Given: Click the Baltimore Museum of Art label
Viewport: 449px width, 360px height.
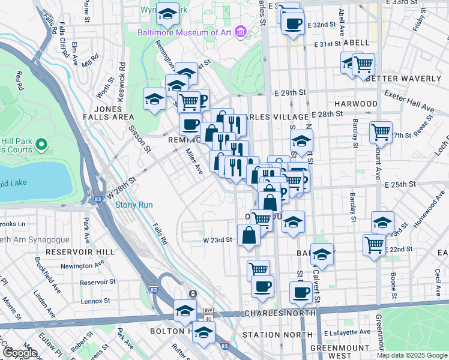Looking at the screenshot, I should point(184,32).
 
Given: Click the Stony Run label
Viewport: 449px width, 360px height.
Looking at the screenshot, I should point(133,205).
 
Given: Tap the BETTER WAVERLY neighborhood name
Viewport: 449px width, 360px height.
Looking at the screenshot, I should point(403,79).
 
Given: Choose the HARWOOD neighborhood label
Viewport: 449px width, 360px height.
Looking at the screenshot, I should point(355,104).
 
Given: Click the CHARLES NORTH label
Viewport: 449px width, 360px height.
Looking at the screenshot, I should point(279,313).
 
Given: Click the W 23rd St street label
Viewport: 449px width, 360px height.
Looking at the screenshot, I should point(217,240).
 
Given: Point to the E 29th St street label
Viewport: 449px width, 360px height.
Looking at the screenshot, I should point(291,94).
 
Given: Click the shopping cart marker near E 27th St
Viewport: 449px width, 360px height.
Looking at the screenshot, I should point(381,131).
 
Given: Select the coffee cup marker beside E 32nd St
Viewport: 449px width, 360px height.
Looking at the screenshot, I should point(293,24).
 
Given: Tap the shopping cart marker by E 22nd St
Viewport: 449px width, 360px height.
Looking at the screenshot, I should point(374,244).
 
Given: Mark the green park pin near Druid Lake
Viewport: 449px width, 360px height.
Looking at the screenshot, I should point(41,144).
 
